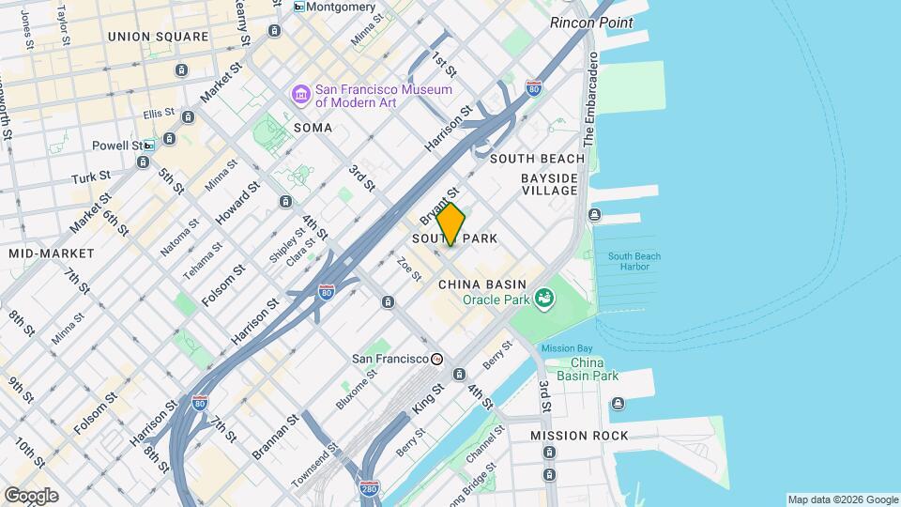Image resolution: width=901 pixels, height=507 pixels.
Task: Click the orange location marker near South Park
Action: [450, 224]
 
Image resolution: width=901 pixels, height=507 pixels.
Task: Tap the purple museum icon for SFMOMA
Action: [300, 95]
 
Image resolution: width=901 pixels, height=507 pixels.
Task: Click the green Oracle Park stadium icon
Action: [542, 300]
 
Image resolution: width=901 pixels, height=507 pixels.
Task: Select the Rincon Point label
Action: [591, 23]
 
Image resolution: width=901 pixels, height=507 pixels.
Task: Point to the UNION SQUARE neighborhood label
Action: [158, 37]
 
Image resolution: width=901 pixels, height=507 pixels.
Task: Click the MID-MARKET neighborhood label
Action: [52, 253]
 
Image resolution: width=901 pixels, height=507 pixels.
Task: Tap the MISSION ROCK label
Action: [579, 436]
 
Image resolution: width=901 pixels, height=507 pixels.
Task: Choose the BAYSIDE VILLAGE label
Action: [550, 184]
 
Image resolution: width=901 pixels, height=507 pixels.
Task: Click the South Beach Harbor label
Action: [634, 261]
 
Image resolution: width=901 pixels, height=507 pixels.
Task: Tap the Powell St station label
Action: [116, 146]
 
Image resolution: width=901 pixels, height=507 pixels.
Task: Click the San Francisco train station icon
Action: [436, 359]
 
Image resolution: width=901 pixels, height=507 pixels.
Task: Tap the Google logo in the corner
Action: [31, 496]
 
